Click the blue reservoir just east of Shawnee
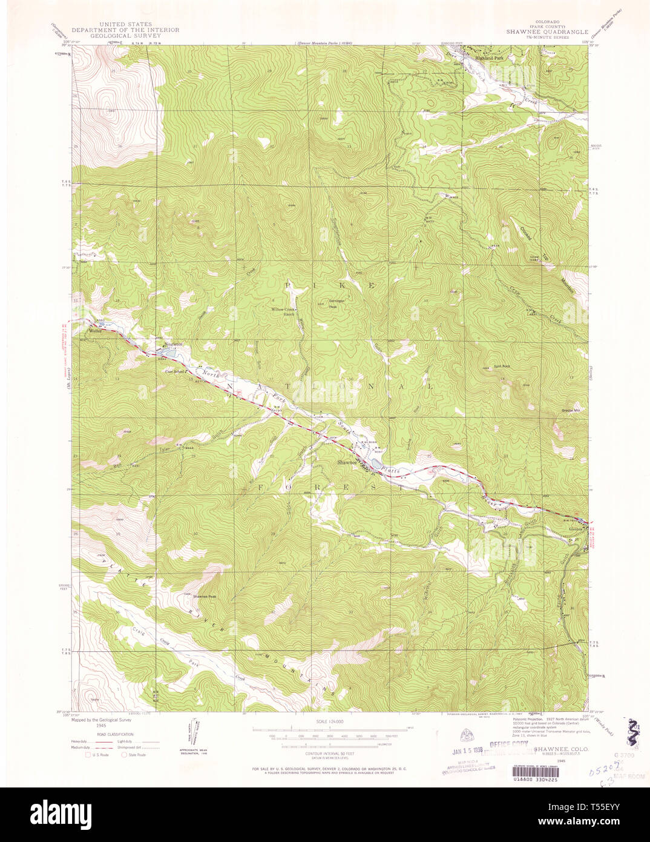[376, 464]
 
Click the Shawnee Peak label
[205, 597]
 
